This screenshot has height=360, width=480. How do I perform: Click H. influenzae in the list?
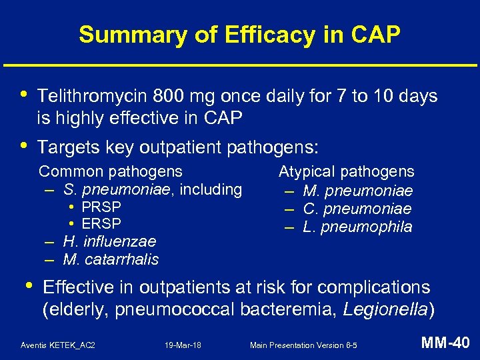coord(109,241)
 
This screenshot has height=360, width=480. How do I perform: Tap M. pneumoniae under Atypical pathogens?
coord(357,192)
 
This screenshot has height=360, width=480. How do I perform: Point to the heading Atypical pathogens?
coord(346,172)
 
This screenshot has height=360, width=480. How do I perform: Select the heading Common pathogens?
coord(111,172)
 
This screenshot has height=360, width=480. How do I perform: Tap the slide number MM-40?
coord(446,344)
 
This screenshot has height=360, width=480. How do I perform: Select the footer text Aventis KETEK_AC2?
coord(58,345)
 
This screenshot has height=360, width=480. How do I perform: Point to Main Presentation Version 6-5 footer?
coord(303,345)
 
